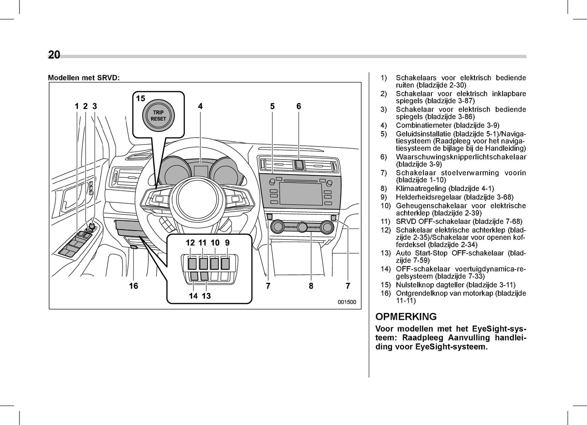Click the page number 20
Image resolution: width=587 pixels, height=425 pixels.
54,55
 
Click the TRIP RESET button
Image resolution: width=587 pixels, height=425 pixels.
158,116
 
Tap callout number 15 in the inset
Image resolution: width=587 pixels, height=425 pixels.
141,99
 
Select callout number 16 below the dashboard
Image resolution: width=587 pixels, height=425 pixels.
134,286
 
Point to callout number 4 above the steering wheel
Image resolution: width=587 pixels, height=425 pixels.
200,106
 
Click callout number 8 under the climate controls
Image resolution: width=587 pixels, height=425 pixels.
311,286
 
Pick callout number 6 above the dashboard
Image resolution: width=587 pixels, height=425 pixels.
299,106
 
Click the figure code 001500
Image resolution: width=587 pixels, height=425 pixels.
347,302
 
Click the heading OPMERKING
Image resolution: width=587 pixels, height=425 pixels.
406,317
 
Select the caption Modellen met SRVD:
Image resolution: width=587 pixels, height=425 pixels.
84,78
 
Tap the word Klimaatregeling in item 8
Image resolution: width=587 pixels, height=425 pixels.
421,188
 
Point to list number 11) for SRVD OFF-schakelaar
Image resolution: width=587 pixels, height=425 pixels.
385,222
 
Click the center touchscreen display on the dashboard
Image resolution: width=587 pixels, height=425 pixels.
301,194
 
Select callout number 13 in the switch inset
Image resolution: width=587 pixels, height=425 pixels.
206,296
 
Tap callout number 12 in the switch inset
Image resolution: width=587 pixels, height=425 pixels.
190,243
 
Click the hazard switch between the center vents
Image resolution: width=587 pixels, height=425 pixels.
299,164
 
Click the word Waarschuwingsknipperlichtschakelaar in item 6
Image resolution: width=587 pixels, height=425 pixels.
461,157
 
